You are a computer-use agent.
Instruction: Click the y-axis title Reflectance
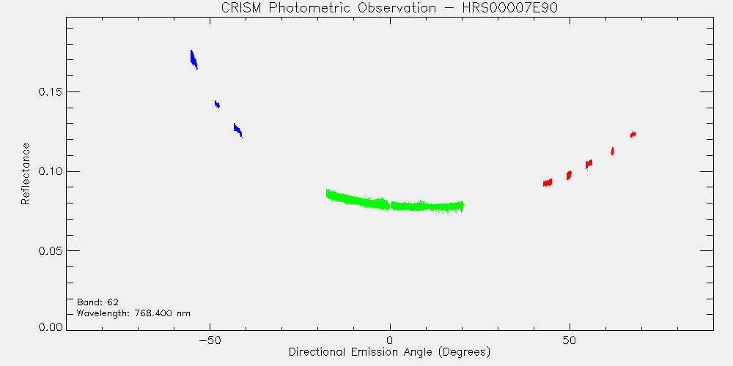click(25, 173)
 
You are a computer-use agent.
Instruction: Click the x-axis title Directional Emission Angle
click(389, 351)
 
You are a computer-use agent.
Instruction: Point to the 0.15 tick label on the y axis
click(50, 92)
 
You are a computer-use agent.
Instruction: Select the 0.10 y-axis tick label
click(50, 171)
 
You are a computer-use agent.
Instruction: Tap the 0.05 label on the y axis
click(50, 250)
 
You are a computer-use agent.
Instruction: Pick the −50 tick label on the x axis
click(210, 340)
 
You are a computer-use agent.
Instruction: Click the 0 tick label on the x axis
click(390, 340)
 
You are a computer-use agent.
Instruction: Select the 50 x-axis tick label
click(570, 340)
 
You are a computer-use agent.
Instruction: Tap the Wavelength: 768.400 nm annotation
click(133, 313)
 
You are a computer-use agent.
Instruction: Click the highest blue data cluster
click(194, 60)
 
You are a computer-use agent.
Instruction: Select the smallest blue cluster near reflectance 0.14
click(217, 105)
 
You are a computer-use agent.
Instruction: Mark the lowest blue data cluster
click(238, 130)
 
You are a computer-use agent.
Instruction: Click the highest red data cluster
click(633, 135)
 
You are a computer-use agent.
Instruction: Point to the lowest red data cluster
click(548, 182)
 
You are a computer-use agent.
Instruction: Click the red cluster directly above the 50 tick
click(569, 175)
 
